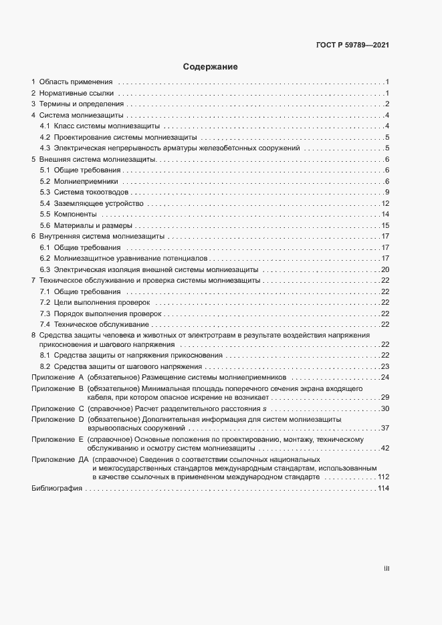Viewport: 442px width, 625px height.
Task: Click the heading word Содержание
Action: [211, 67]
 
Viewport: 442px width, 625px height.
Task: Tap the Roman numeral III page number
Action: [386, 569]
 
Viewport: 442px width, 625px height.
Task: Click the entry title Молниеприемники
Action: [86, 181]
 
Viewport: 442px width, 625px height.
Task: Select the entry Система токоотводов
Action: [89, 193]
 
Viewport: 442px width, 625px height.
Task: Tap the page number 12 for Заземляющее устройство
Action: [385, 203]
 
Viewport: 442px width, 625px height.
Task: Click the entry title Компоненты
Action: [76, 215]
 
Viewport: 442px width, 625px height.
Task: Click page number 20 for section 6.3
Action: [385, 269]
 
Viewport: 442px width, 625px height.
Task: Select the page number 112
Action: [383, 478]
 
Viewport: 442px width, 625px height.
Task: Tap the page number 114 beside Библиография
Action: [383, 489]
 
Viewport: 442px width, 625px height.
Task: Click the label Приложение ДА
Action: [60, 460]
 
